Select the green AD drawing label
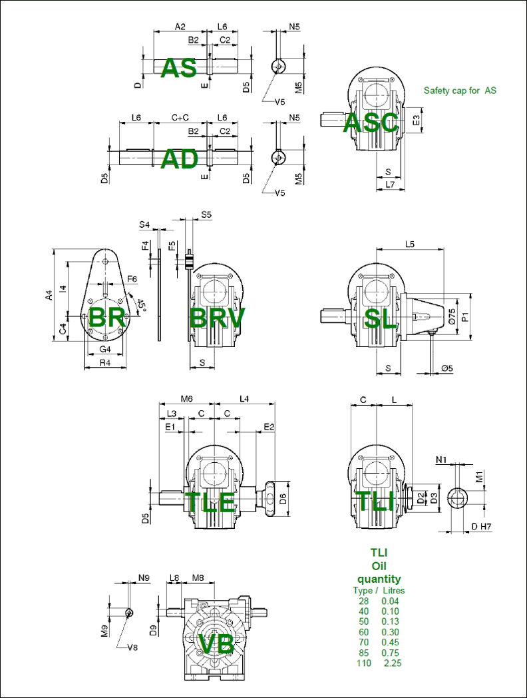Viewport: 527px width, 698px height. pos(180,159)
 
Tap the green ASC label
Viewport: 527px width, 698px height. pos(371,123)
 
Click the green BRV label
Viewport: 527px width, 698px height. pos(217,318)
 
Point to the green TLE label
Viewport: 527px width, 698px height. pos(210,502)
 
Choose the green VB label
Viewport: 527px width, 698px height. pos(216,644)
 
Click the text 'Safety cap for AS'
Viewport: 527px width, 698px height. pos(460,91)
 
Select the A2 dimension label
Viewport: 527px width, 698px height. pos(180,27)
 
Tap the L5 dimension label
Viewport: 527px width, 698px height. pos(410,244)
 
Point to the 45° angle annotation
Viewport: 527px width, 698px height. pos(141,305)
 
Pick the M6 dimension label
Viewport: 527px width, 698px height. pos(186,398)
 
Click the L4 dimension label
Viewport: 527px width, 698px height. pos(244,398)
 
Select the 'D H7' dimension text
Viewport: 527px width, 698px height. pos(481,527)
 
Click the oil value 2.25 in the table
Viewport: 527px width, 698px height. pos(391,663)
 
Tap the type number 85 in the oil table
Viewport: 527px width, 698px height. pos(363,653)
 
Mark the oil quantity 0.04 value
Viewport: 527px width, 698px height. pos(391,601)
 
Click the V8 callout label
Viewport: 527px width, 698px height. pos(132,647)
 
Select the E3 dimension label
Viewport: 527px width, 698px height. pos(417,120)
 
